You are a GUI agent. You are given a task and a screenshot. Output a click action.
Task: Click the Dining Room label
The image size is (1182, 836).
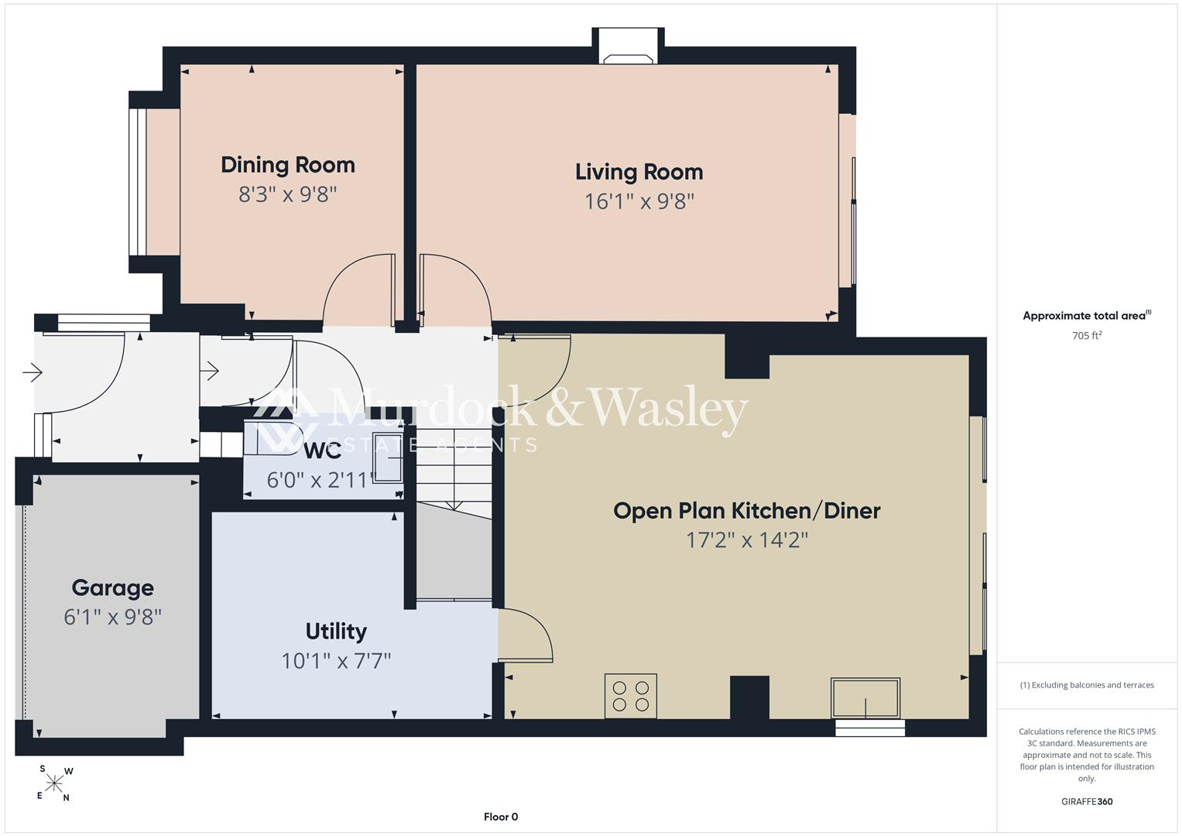pyautogui.click(x=288, y=165)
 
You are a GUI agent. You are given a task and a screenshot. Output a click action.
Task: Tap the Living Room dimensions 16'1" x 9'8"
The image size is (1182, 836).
pyautogui.click(x=639, y=201)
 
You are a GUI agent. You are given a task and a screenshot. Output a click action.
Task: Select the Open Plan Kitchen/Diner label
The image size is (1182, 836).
pyautogui.click(x=747, y=510)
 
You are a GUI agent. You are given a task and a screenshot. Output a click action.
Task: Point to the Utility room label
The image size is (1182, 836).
pyautogui.click(x=336, y=631)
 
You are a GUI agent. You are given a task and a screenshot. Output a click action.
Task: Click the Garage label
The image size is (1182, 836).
pyautogui.click(x=112, y=588)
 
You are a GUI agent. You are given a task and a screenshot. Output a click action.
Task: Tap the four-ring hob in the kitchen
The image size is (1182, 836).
pyautogui.click(x=631, y=696)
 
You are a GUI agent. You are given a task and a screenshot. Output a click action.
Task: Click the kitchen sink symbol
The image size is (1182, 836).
pyautogui.click(x=865, y=698)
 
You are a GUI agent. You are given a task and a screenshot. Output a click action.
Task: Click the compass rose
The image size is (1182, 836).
pyautogui.click(x=54, y=783)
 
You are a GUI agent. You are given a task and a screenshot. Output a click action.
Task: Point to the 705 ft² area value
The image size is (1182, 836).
pyautogui.click(x=1087, y=335)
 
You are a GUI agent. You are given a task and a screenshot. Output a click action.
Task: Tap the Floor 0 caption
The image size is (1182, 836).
pyautogui.click(x=501, y=817)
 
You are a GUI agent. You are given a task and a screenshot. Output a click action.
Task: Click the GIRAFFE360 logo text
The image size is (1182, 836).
pyautogui.click(x=1087, y=801)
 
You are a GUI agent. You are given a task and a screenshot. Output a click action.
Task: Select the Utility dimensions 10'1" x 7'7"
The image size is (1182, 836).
pyautogui.click(x=336, y=661)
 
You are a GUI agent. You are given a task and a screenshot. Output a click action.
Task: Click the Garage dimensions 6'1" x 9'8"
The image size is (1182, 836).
pyautogui.click(x=112, y=617)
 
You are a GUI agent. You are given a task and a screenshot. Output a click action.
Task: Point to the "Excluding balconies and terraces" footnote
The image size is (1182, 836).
pyautogui.click(x=1087, y=685)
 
